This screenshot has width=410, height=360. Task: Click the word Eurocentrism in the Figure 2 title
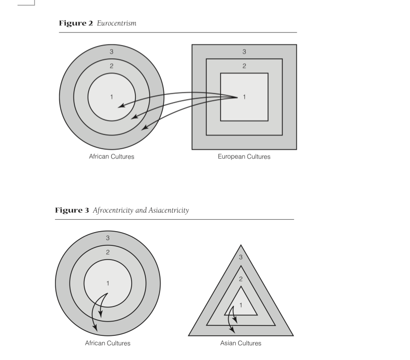(116, 23)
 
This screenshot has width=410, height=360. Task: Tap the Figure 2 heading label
(76, 23)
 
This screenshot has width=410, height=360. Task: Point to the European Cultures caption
(244, 156)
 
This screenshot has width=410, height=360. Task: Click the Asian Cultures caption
(241, 343)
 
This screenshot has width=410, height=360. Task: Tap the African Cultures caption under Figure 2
(111, 156)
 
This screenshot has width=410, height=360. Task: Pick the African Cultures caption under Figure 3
(107, 343)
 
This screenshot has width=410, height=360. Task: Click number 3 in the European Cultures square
(244, 52)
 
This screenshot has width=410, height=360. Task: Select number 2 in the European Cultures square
(244, 66)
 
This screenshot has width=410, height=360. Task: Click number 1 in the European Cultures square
(244, 97)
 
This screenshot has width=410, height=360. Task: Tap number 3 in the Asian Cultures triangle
(241, 257)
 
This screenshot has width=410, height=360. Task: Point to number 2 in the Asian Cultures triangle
(241, 279)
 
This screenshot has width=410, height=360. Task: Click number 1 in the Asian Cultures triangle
(241, 305)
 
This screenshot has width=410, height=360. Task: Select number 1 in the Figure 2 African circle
(112, 97)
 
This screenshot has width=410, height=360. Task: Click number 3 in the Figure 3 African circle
(108, 238)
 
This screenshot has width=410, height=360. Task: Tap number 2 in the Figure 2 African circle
(112, 66)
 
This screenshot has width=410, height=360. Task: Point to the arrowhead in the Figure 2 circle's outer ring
(144, 127)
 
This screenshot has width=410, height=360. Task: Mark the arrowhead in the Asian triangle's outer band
(232, 330)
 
